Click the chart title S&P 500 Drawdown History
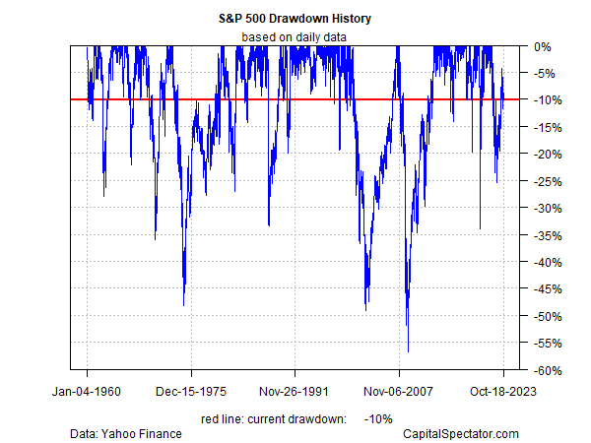[295, 19]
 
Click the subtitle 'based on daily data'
[295, 37]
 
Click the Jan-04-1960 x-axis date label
[87, 392]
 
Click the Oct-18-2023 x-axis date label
[503, 392]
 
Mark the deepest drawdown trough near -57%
[408, 351]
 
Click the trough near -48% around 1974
[184, 305]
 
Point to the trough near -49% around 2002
[365, 310]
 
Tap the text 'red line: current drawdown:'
[272, 418]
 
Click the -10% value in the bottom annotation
[379, 418]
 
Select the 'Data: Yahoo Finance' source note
[125, 433]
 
